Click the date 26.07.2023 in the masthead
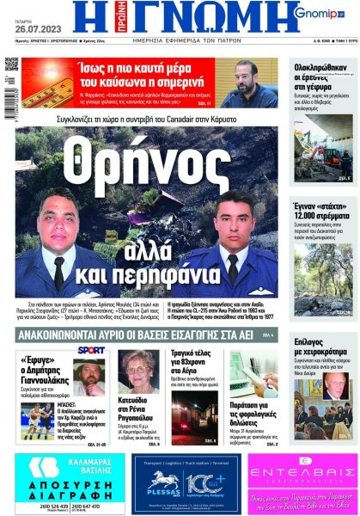27,25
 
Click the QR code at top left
10,65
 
